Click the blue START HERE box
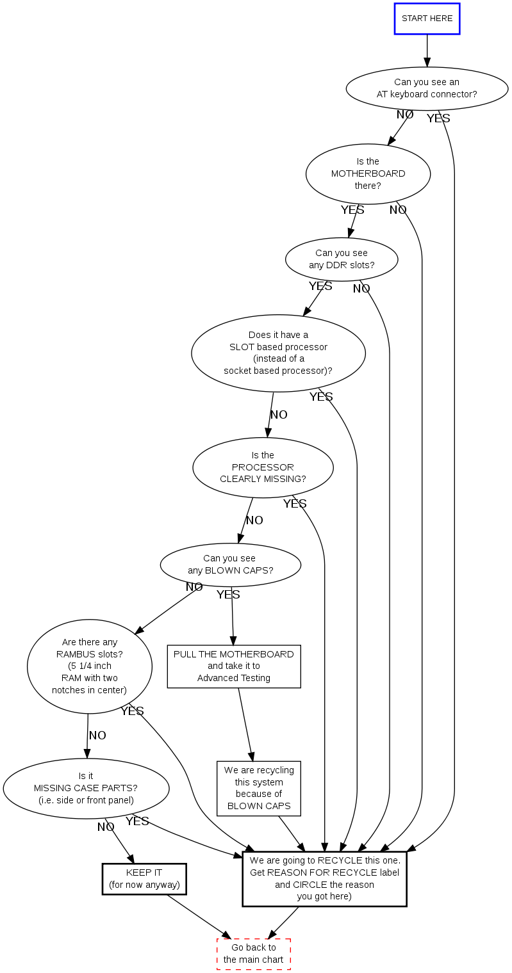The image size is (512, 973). point(427,19)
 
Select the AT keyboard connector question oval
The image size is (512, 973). point(427,88)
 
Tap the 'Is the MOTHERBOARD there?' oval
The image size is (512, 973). point(368,173)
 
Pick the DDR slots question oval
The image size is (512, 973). point(342,259)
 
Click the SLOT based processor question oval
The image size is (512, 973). point(278,353)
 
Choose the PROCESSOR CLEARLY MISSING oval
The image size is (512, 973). point(263,467)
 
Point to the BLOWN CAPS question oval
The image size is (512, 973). point(230,565)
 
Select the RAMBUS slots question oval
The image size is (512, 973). point(90,666)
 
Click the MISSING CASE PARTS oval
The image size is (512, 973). point(86,789)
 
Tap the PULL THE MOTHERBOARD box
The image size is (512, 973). point(234,666)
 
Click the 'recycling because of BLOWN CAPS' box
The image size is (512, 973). point(259,788)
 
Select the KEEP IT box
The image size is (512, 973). point(144,879)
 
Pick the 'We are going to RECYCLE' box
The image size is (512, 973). point(324,878)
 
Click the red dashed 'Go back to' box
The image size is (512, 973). point(254,954)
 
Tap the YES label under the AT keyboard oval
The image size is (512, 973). point(438,118)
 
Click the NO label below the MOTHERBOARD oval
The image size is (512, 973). point(398,210)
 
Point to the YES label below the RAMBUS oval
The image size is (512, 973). point(132,711)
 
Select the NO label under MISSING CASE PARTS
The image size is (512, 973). point(106,827)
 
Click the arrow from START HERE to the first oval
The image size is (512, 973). point(427,51)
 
